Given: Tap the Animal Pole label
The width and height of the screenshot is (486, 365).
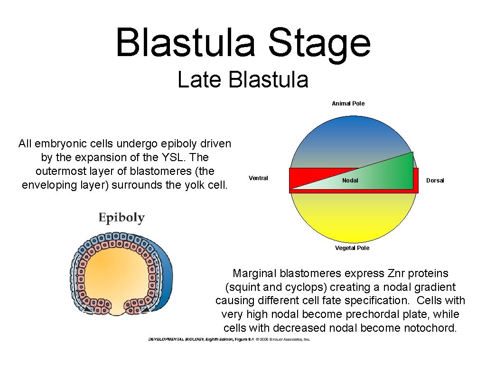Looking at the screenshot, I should [x=348, y=104].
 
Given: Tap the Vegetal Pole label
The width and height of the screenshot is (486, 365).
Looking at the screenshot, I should [x=352, y=248].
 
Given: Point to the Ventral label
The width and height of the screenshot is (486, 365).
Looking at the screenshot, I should [x=258, y=178].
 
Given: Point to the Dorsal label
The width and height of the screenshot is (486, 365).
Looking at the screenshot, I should [x=435, y=181].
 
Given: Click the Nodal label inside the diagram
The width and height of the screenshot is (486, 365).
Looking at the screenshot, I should [x=350, y=181].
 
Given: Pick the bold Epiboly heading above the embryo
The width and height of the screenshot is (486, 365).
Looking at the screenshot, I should [x=121, y=218].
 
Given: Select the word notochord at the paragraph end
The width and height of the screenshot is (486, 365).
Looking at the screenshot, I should [x=430, y=328].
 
